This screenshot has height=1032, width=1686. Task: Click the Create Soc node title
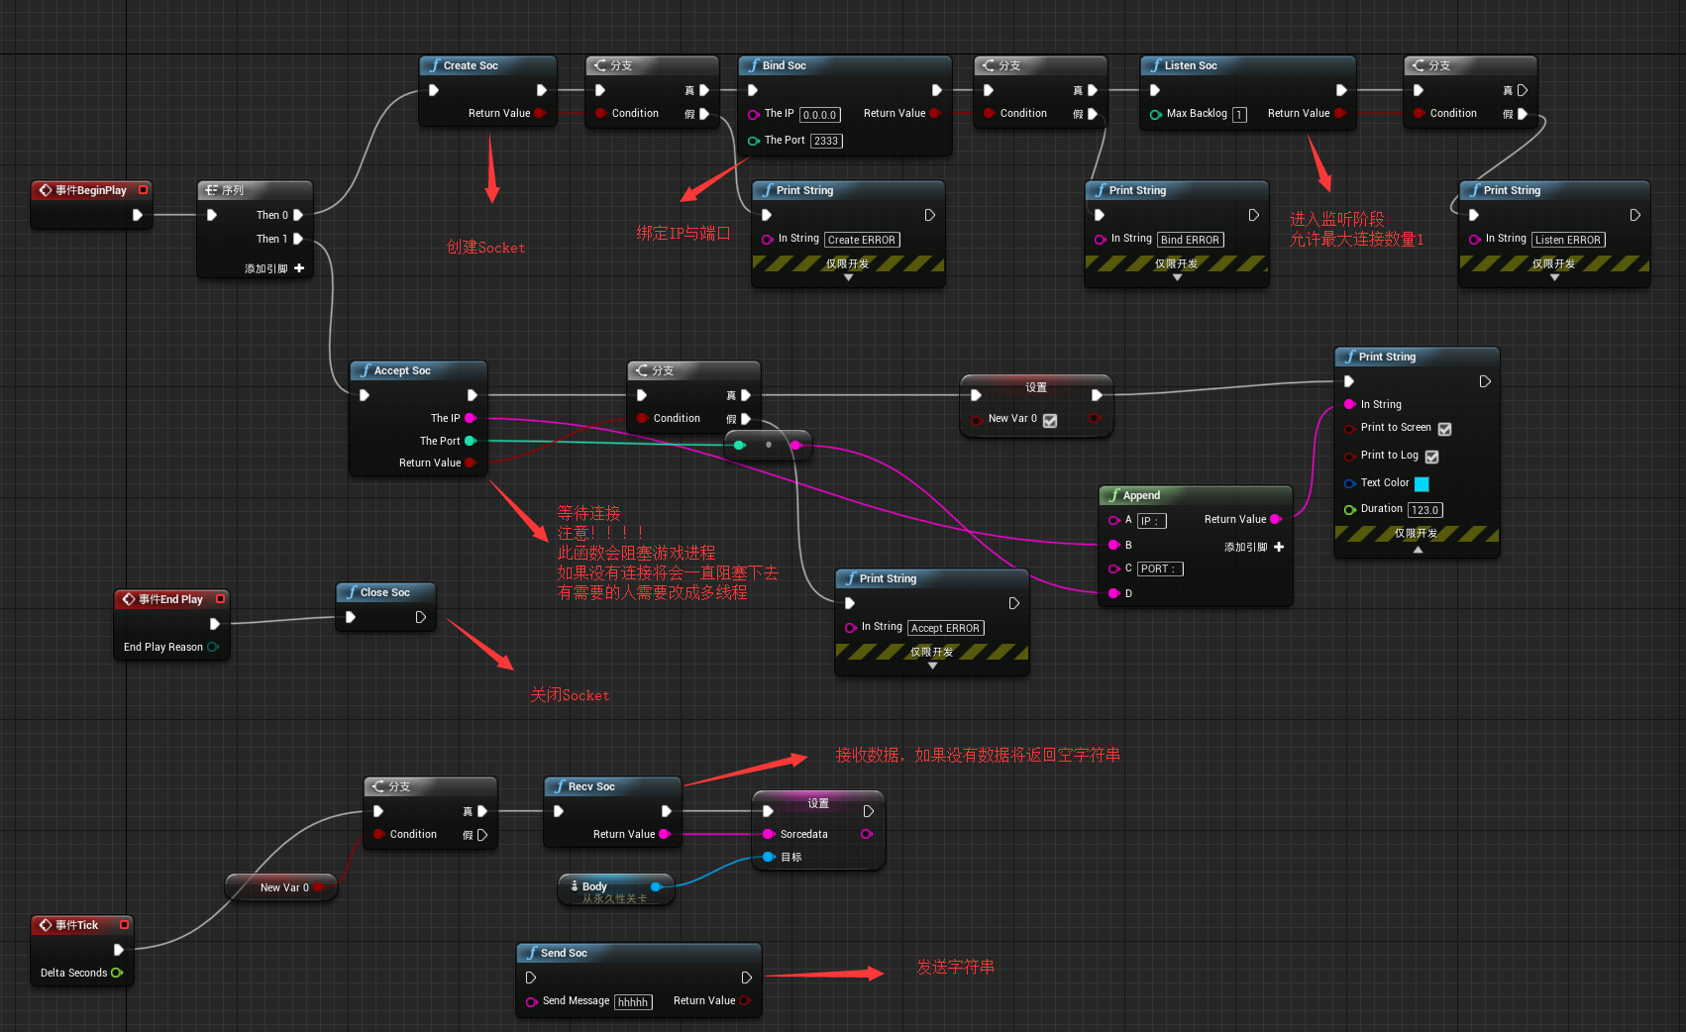pyautogui.click(x=471, y=65)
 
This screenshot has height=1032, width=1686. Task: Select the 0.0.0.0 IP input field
pyautogui.click(x=820, y=115)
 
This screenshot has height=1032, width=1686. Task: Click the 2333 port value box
pyautogui.click(x=826, y=141)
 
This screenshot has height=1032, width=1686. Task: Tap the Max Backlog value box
pyautogui.click(x=1239, y=115)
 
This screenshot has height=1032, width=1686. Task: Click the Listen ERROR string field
pyautogui.click(x=1567, y=240)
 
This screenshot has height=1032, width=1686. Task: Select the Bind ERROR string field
pyautogui.click(x=1190, y=240)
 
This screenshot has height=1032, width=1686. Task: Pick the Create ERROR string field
pyautogui.click(x=861, y=240)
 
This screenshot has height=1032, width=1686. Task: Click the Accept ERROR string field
pyautogui.click(x=945, y=628)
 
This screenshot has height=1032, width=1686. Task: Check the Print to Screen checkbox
pyautogui.click(x=1444, y=429)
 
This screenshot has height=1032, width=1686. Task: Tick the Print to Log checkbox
pyautogui.click(x=1431, y=457)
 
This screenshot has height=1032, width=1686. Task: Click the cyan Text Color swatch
pyautogui.click(x=1422, y=484)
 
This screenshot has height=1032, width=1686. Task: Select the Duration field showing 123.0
pyautogui.click(x=1424, y=510)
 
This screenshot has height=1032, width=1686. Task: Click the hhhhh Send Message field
pyautogui.click(x=633, y=1002)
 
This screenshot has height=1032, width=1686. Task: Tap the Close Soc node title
pyautogui.click(x=384, y=592)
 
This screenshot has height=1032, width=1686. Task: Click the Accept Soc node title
pyautogui.click(x=402, y=370)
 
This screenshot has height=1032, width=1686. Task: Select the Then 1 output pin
pyautogui.click(x=298, y=239)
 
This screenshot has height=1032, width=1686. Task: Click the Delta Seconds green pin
pyautogui.click(x=117, y=973)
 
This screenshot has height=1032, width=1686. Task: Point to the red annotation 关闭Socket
pyautogui.click(x=570, y=695)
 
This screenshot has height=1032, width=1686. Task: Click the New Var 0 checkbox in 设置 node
pyautogui.click(x=1050, y=421)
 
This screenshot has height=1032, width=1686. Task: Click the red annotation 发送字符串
pyautogui.click(x=955, y=967)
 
